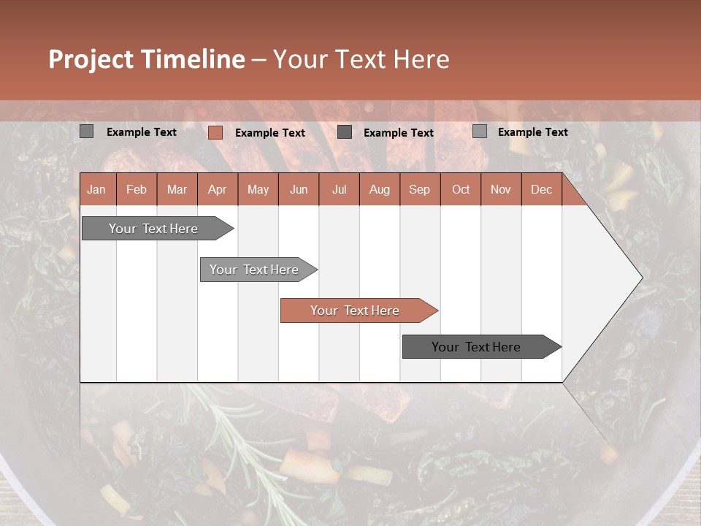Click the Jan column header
coord(96,190)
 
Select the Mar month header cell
coord(177,190)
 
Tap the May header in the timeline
coord(258,190)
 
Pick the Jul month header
coord(339,190)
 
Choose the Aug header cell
coord(379,190)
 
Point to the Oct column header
coord(461,190)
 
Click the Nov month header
coord(501,190)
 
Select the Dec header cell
coord(541,190)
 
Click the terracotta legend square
coord(215,132)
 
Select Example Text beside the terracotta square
coord(269,133)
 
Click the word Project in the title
coord(91,59)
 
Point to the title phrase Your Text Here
coord(361,59)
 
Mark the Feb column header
coord(137,190)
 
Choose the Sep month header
coord(419,190)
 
